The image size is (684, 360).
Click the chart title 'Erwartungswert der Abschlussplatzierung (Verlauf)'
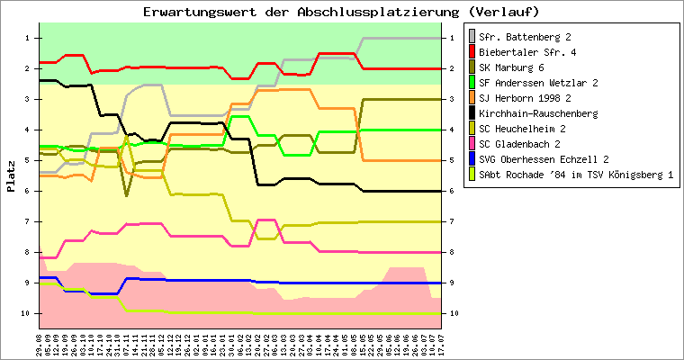(341, 12)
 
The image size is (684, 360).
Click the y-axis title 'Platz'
(11, 176)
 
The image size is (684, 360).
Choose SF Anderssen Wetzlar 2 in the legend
(539, 83)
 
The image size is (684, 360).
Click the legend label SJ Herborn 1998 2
(525, 98)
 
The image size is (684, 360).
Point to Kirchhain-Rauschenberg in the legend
(538, 113)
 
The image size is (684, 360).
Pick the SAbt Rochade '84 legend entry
(576, 175)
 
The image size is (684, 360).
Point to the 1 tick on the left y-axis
(27, 38)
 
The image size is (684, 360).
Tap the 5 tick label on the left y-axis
(27, 160)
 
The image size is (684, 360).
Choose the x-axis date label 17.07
(440, 342)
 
